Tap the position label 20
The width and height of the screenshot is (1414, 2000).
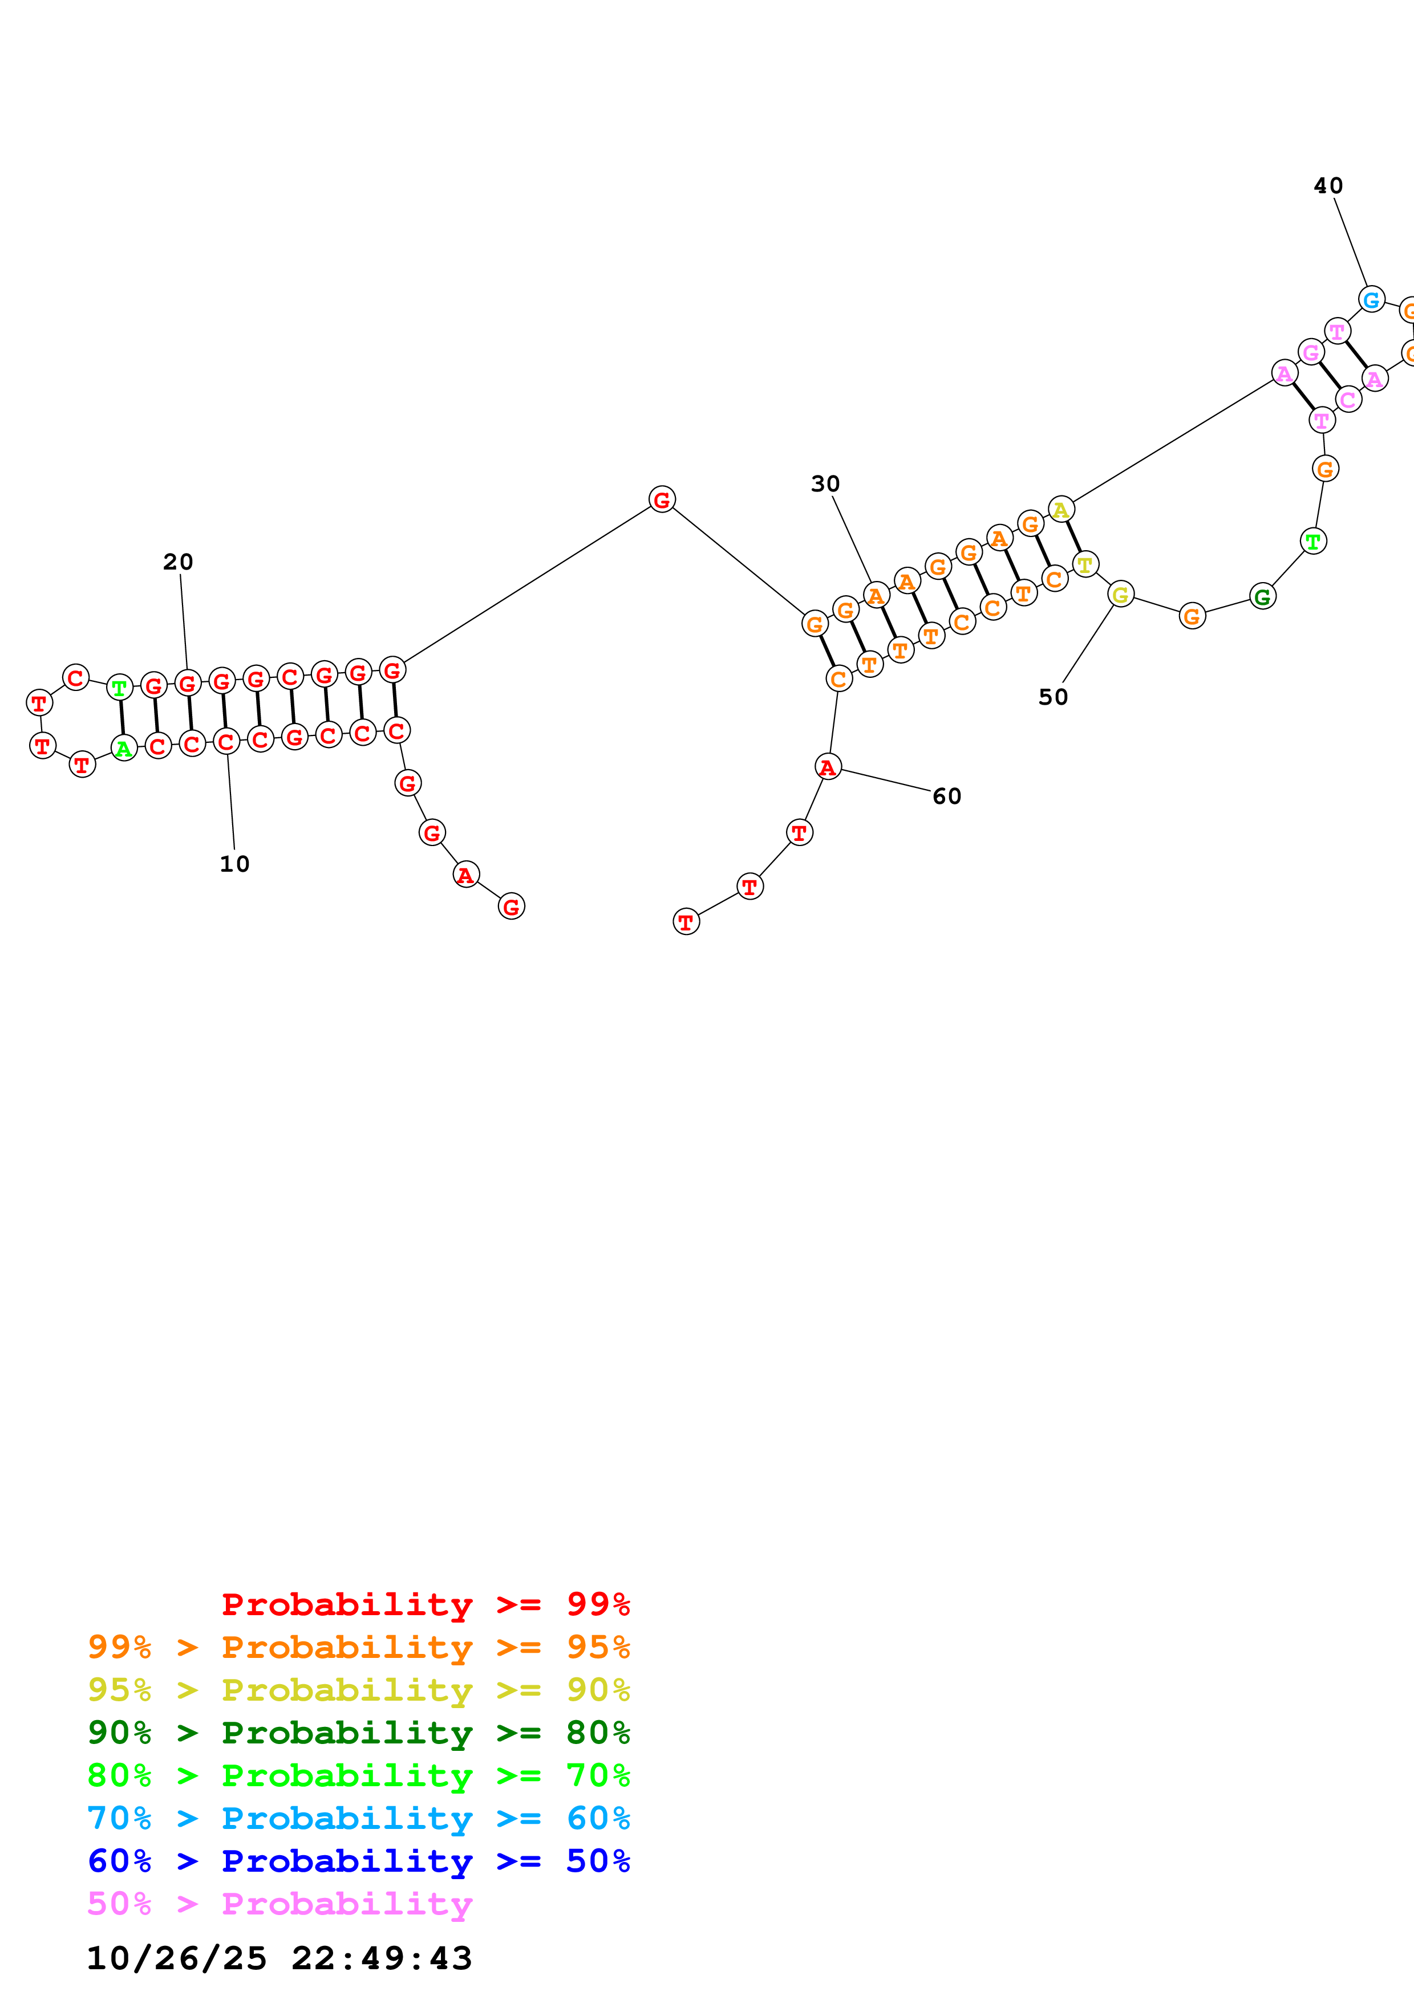pyautogui.click(x=178, y=562)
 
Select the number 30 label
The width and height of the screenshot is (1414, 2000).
pyautogui.click(x=825, y=483)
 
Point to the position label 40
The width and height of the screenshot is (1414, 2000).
pyautogui.click(x=1328, y=185)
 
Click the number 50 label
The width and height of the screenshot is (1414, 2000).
pyautogui.click(x=1052, y=697)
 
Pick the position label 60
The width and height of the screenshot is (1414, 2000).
pyautogui.click(x=946, y=796)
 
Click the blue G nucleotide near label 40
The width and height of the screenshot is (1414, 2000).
pyautogui.click(x=1371, y=300)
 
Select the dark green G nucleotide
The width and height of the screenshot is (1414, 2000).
pyautogui.click(x=1262, y=597)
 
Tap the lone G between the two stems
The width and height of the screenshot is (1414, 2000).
pyautogui.click(x=662, y=499)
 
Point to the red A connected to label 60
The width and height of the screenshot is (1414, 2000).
pyautogui.click(x=828, y=767)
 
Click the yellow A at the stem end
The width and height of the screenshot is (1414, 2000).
pyautogui.click(x=1060, y=510)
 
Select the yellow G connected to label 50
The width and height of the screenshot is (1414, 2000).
pyautogui.click(x=1120, y=595)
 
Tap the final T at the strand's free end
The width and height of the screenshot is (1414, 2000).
pyautogui.click(x=687, y=921)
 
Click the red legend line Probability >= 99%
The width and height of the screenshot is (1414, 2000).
pyautogui.click(x=425, y=1604)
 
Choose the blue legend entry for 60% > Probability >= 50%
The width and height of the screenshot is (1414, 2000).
pyautogui.click(x=358, y=1861)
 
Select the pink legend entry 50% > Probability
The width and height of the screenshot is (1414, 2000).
pyautogui.click(x=279, y=1904)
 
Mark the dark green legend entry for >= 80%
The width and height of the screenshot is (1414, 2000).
pyautogui.click(x=358, y=1733)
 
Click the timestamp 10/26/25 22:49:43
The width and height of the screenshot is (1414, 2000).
pyautogui.click(x=279, y=1959)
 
